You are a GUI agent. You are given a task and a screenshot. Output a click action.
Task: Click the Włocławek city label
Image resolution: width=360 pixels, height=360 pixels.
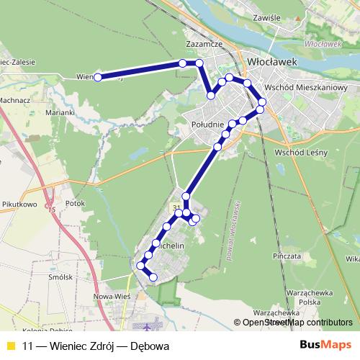click(272, 62)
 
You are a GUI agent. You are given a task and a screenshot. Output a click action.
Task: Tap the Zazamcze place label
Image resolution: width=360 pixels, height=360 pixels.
click(201, 43)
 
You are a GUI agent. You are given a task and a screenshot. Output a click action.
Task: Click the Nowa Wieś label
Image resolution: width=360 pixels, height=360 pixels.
click(111, 295)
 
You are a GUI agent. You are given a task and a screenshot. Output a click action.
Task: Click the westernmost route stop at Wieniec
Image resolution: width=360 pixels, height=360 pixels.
click(96, 78)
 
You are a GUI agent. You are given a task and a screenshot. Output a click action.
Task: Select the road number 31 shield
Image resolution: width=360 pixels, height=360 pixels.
click(177, 207)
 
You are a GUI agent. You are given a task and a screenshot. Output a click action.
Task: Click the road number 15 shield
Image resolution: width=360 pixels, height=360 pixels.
click(51, 210)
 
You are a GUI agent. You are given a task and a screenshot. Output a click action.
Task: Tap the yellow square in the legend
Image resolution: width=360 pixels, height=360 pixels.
click(10, 344)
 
